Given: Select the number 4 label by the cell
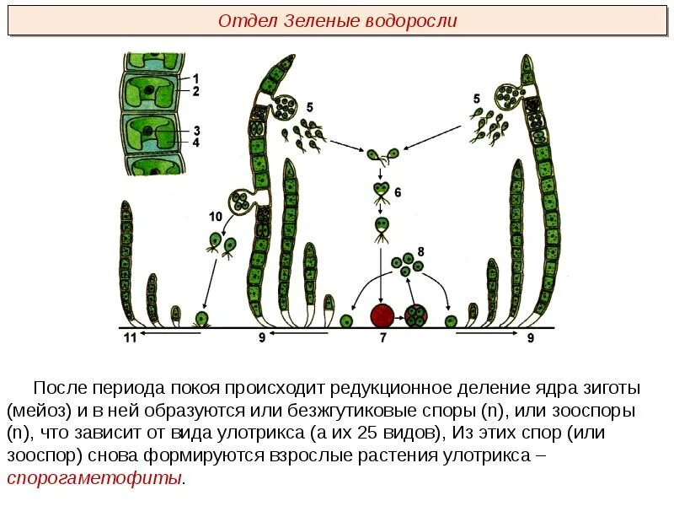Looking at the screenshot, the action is coord(195,143).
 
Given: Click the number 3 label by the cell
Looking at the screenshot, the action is coord(195,131).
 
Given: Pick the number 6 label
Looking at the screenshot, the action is coord(399,192).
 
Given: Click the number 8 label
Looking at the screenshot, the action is coord(420,251).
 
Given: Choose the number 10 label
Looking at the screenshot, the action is coord(216,217).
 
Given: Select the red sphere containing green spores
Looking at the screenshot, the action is coord(416,316).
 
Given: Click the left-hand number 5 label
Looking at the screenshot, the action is coord(309,107).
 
